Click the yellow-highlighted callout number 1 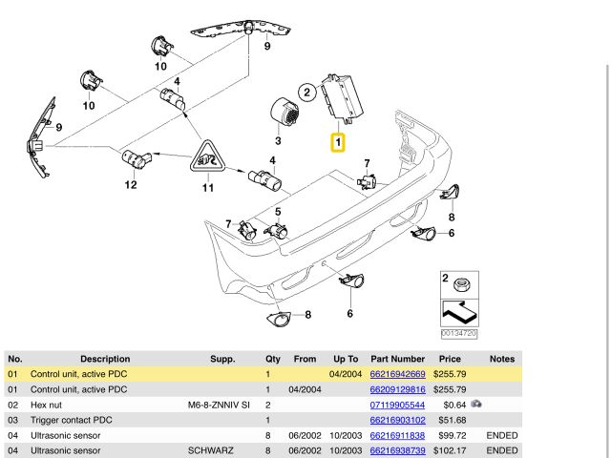tap(338, 143)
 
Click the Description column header tap(105, 359)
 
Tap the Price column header tap(449, 359)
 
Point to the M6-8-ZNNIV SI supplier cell tap(220, 405)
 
